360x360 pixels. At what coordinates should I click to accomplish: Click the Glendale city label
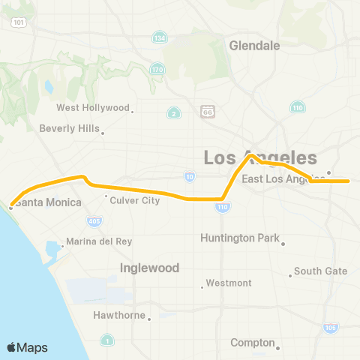pos(254,45)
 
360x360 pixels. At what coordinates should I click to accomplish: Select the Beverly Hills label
pos(69,128)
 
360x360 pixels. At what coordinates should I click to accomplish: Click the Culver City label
pos(135,200)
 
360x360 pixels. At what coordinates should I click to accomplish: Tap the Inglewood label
pos(149,268)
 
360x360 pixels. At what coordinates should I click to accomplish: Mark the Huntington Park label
pos(239,238)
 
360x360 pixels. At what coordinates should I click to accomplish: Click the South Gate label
pos(321,271)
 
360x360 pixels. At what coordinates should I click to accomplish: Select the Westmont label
pos(228,283)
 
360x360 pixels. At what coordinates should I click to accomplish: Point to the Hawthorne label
pos(118,315)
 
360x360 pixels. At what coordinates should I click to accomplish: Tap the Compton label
pos(253,343)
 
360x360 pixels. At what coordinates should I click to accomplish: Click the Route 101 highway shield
pos(19,23)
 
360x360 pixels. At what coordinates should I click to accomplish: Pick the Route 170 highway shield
pos(157,70)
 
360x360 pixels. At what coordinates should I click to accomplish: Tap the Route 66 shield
pos(208,111)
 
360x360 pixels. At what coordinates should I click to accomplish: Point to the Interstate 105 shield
pos(330,328)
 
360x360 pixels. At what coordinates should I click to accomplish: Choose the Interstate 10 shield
pos(190,176)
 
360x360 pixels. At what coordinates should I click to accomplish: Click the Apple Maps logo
pos(27,347)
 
